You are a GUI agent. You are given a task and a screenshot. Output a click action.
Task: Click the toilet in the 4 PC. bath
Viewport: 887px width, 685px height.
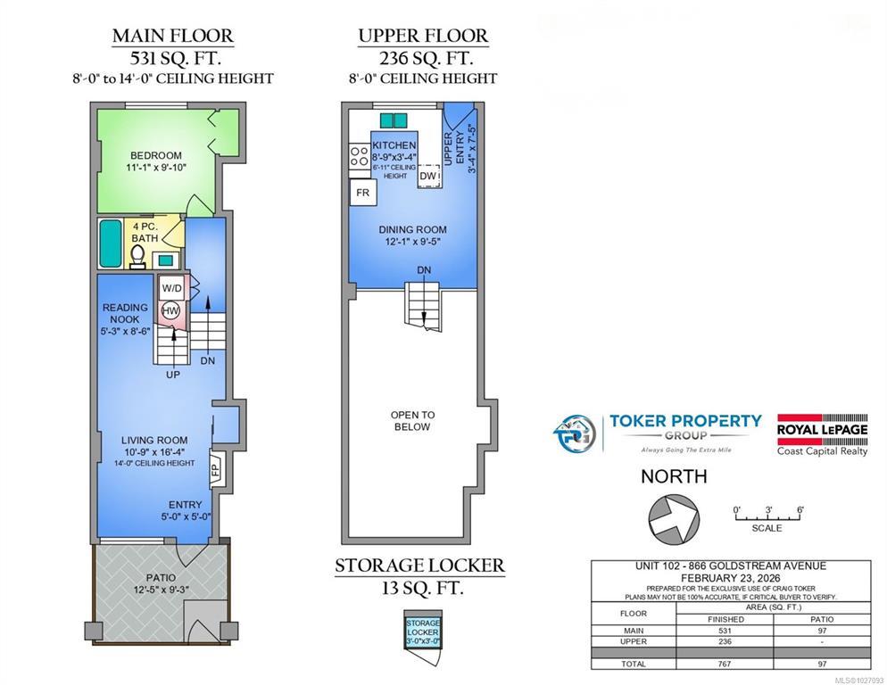[137, 258]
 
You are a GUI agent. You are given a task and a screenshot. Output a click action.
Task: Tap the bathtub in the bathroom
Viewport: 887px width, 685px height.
[111, 243]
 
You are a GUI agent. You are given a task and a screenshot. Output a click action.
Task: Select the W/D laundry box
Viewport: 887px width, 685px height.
[172, 288]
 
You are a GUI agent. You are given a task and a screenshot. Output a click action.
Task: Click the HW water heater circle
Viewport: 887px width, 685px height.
[170, 310]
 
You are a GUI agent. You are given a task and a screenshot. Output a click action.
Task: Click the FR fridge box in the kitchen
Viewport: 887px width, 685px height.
[362, 193]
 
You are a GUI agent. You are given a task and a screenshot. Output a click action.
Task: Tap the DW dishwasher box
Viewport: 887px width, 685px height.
[429, 176]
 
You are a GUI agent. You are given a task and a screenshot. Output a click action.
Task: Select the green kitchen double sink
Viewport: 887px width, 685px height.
[394, 120]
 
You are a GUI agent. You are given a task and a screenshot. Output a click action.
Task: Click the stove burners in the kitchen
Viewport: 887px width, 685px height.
[360, 156]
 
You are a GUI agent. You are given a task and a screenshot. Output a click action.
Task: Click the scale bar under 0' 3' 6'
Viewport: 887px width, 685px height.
[767, 517]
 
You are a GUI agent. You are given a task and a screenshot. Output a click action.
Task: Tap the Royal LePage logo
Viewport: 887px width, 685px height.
[822, 434]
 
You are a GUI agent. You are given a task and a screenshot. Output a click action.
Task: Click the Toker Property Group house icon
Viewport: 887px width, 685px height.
[574, 433]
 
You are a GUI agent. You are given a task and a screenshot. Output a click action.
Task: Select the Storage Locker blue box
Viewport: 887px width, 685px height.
[423, 632]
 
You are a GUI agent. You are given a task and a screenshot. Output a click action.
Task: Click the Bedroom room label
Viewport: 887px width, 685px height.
[156, 155]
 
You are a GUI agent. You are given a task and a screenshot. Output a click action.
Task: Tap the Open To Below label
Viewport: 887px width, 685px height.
[412, 421]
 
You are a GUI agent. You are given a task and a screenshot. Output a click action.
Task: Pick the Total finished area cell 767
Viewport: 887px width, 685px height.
[724, 664]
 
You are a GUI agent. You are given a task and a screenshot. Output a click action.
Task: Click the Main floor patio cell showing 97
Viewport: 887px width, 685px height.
[822, 630]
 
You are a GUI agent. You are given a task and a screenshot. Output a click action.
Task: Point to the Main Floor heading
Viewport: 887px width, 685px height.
[173, 36]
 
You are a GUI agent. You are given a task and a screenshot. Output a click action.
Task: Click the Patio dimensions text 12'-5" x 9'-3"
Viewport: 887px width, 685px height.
[162, 590]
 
